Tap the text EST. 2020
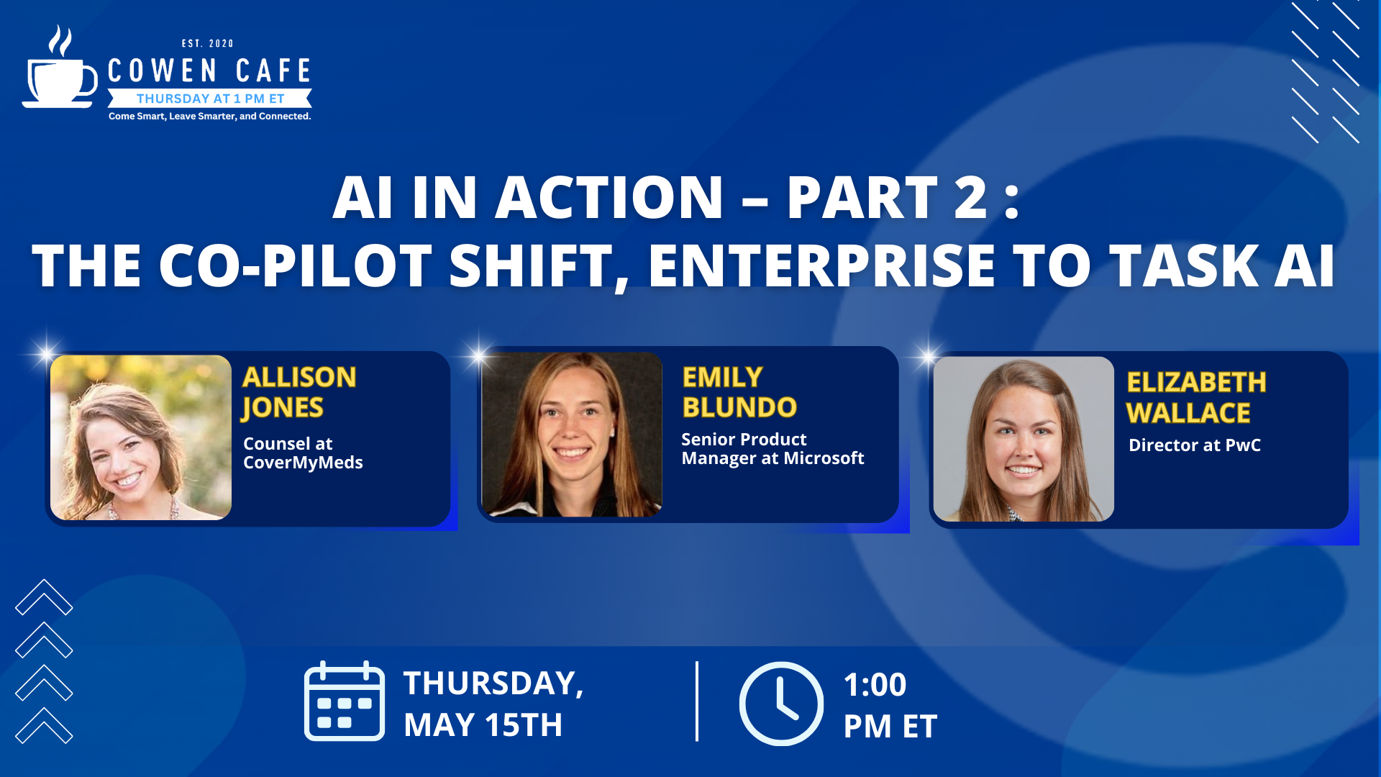click(x=208, y=44)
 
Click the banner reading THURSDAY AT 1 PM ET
click(x=210, y=99)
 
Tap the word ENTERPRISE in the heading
click(x=821, y=265)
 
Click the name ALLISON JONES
click(x=299, y=392)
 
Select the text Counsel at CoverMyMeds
click(x=303, y=453)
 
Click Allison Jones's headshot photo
click(x=141, y=437)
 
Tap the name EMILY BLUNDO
click(x=739, y=392)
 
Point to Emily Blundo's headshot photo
click(x=572, y=435)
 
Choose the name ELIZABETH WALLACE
click(x=1195, y=397)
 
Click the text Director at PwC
click(x=1195, y=445)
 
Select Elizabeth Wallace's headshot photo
click(x=1024, y=439)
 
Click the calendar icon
click(x=345, y=701)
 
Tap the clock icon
click(x=781, y=704)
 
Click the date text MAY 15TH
click(x=483, y=725)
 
